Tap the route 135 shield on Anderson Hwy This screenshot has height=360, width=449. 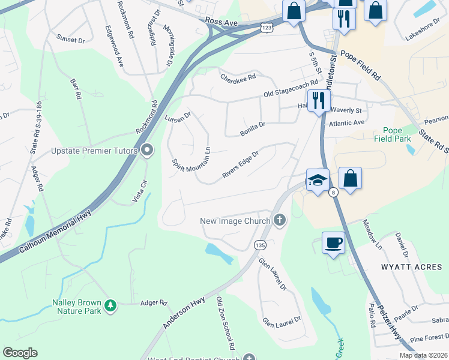(x=259, y=245)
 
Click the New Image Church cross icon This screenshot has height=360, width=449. (x=279, y=221)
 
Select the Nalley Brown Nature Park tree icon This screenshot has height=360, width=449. (x=110, y=305)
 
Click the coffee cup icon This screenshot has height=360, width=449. (x=333, y=242)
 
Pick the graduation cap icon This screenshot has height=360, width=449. (x=317, y=178)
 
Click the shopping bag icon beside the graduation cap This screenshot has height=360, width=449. (x=350, y=178)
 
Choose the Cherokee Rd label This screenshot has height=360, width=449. (x=238, y=77)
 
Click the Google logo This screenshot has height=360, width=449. (x=20, y=353)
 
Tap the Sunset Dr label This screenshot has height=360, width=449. (x=71, y=39)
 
